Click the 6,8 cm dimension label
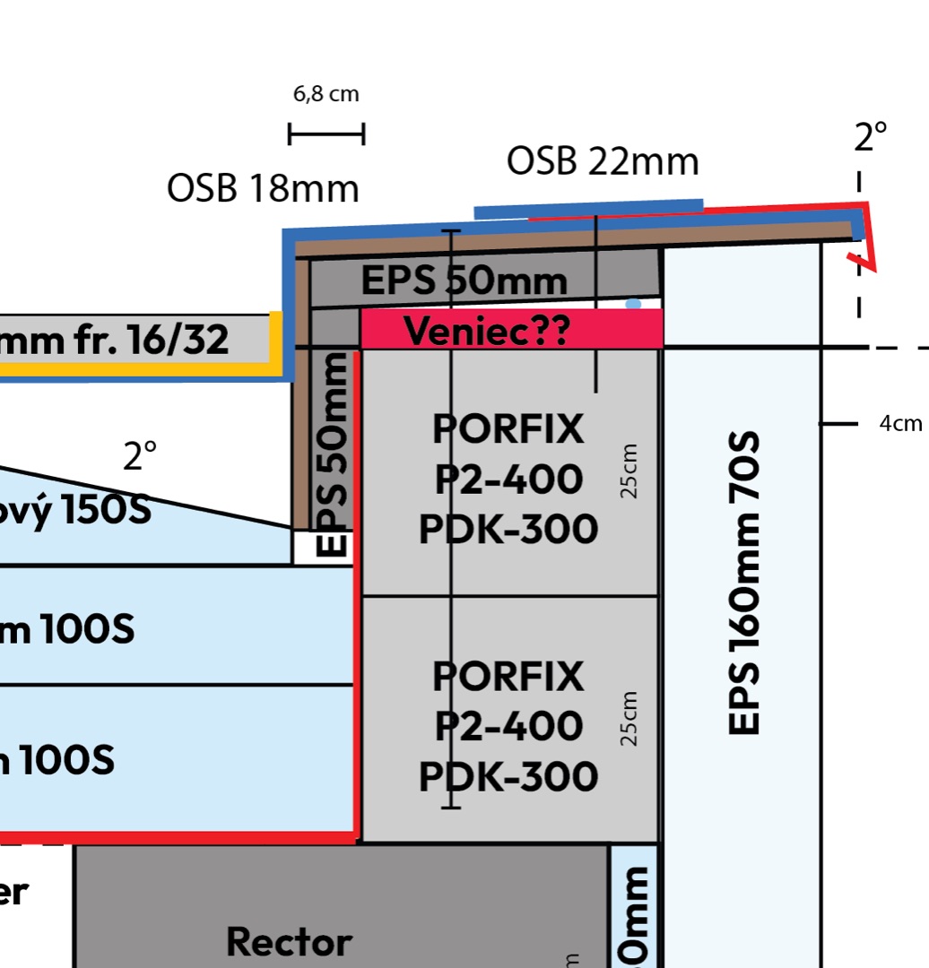coord(326,94)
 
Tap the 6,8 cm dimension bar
coord(326,134)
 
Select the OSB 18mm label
coord(263,189)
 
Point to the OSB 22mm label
coord(602,161)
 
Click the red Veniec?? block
coord(511,329)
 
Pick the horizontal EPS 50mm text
coord(464,281)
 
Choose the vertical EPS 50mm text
coord(333,454)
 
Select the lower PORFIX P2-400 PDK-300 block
coord(509,726)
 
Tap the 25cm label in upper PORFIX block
coord(630,471)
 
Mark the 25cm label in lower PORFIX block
coord(630,719)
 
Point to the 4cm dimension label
coord(900,424)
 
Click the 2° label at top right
coord(871,136)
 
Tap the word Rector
coord(289,942)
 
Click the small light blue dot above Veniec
coord(633,305)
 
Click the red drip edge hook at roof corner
coord(866,256)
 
